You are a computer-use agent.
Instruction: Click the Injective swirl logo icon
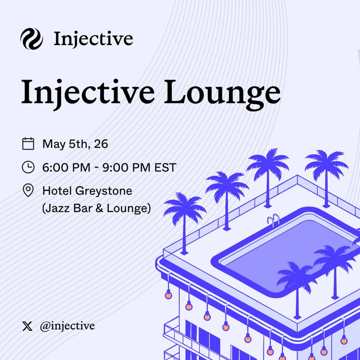coord(31,39)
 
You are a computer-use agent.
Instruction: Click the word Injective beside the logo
coord(93,39)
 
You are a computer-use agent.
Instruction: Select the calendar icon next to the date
coord(28,144)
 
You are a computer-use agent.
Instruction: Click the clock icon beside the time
coord(28,167)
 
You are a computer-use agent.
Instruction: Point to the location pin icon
coord(28,190)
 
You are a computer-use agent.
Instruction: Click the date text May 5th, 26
coord(75,144)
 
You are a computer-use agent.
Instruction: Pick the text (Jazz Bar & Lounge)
coord(96,208)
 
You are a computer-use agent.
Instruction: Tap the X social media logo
coord(27,326)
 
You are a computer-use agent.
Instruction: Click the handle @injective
coord(67,326)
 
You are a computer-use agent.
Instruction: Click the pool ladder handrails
coord(273,220)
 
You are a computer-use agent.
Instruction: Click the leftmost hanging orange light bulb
coord(168,295)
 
